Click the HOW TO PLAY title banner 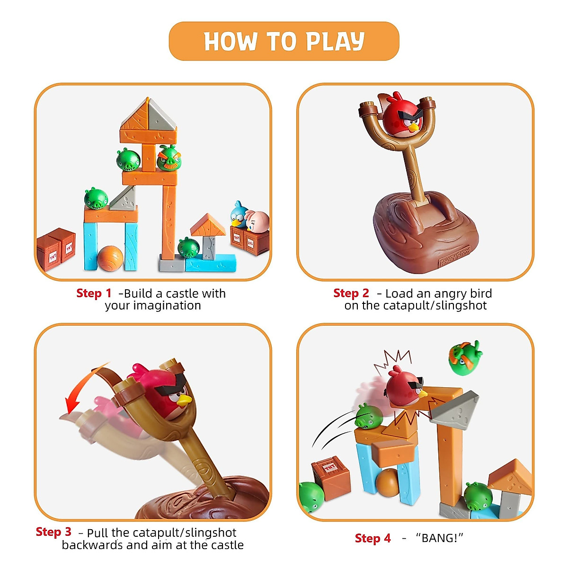point(284,41)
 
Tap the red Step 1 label point(94,293)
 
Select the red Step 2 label point(351,293)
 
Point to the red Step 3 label point(53,532)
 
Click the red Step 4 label point(373,539)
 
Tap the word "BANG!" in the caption point(439,539)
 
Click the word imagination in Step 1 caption point(153,306)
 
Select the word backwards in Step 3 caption point(92,545)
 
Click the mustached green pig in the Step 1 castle point(169,159)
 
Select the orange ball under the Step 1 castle point(110,258)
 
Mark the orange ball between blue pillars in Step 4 point(387,483)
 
